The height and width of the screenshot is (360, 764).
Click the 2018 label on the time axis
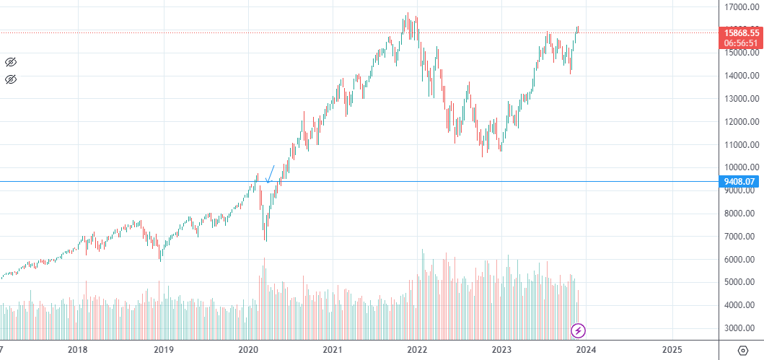77,350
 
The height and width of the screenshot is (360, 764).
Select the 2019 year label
163,350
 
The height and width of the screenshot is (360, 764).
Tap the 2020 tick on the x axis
248,350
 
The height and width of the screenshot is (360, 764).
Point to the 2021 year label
333,350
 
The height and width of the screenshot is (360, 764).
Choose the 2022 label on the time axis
418,350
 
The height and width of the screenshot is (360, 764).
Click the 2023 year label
502,350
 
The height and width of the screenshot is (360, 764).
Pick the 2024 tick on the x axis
587,350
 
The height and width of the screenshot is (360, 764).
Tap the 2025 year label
672,350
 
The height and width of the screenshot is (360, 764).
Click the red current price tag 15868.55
742,32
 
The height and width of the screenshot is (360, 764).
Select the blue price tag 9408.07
742,182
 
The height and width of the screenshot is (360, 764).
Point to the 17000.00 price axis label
741,7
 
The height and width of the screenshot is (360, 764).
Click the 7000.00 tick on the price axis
741,237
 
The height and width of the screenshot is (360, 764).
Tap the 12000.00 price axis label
741,122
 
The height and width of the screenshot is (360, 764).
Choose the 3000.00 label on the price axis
741,328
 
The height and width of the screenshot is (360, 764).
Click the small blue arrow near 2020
271,174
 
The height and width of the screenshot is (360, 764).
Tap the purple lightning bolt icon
579,331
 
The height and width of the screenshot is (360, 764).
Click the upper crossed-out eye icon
10,62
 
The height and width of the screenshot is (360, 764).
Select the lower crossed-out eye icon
10,79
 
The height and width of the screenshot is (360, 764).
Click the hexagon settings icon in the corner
743,350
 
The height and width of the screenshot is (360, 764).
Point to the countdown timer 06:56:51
742,43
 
